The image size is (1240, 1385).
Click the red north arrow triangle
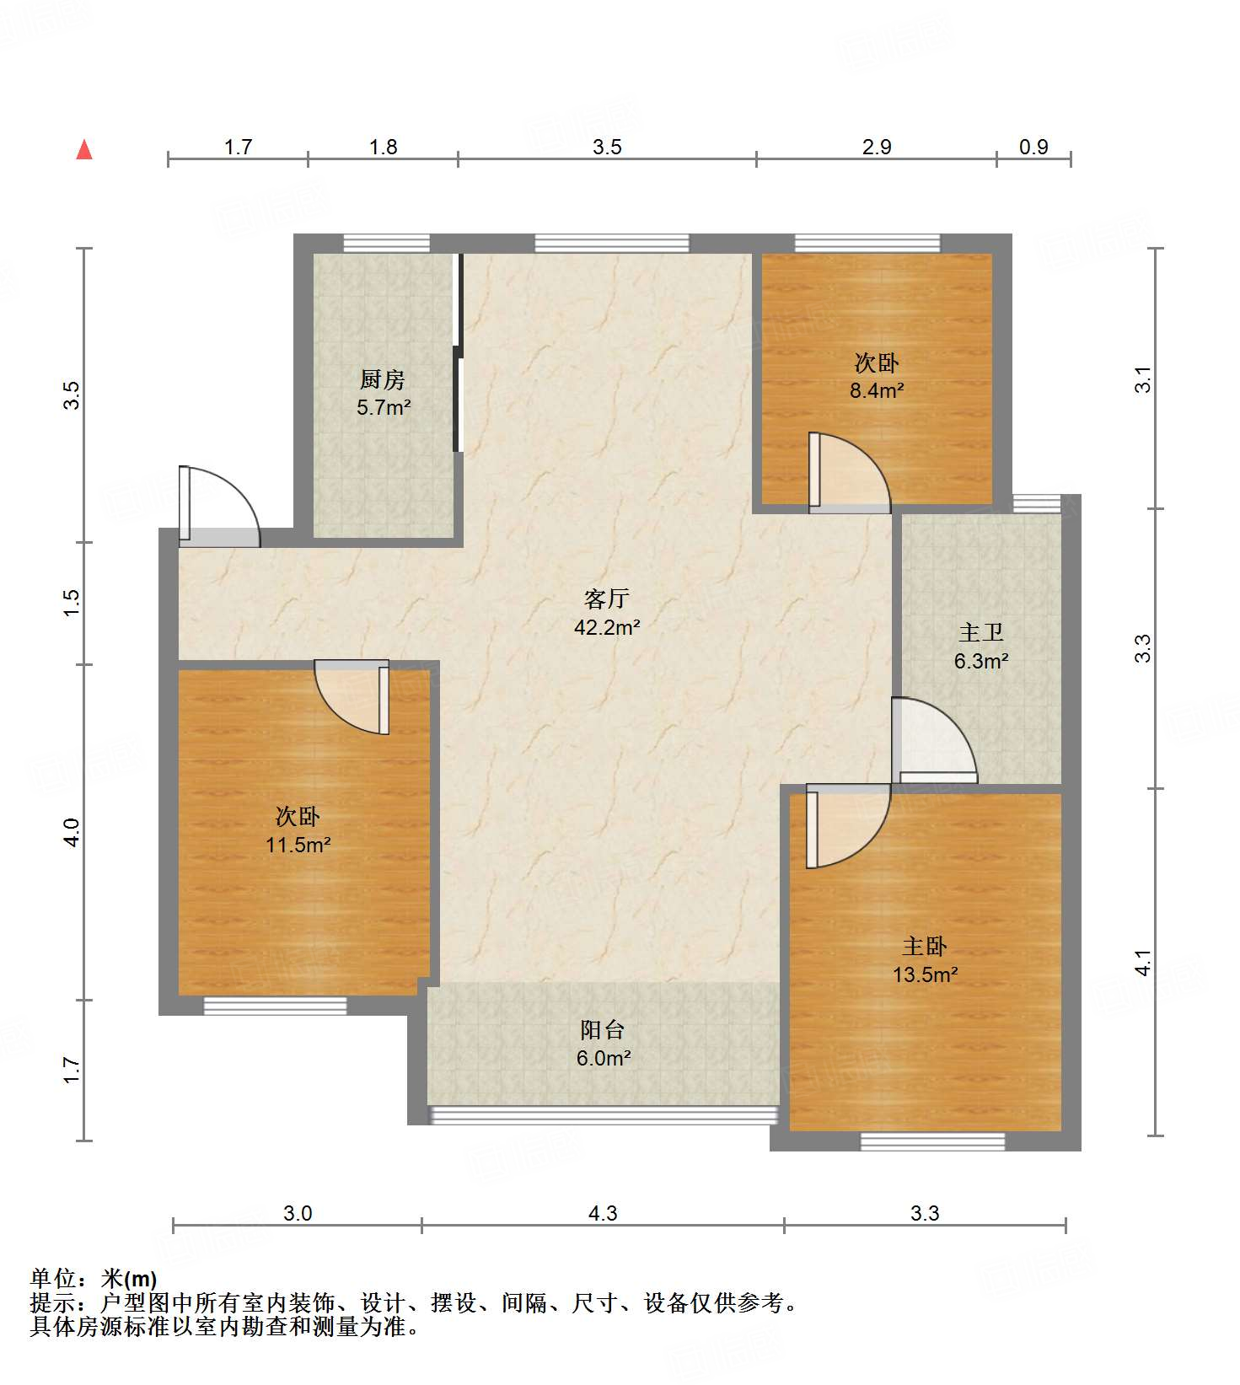click(84, 149)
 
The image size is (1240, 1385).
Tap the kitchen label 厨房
click(383, 379)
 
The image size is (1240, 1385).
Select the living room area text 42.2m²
click(607, 627)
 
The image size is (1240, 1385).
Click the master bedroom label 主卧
click(925, 947)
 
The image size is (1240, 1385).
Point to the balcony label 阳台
click(603, 1029)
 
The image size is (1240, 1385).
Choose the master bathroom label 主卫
click(981, 632)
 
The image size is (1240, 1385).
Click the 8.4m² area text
click(877, 390)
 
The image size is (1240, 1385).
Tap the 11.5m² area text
click(298, 845)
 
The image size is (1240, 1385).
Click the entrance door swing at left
click(219, 506)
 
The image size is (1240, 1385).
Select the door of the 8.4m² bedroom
click(849, 473)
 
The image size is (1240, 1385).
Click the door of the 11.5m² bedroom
click(352, 697)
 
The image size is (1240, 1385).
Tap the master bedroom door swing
click(848, 826)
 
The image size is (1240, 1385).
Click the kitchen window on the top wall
click(386, 244)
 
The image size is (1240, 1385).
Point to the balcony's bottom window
click(603, 1115)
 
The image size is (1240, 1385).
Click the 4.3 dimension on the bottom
click(603, 1213)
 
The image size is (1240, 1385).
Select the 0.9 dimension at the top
click(1033, 147)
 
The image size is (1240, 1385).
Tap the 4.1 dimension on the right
click(1143, 963)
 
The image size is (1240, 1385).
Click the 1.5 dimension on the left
click(72, 602)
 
